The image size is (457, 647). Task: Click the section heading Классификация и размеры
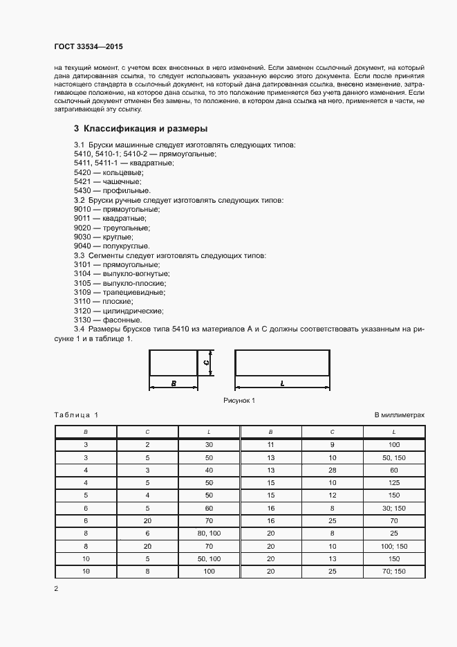[146, 129]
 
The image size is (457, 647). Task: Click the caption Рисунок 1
[239, 401]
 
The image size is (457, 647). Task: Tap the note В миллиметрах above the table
[399, 415]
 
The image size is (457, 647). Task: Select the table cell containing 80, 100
[209, 534]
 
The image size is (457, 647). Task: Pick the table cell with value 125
[394, 482]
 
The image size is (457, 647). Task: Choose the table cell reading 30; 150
[394, 508]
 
